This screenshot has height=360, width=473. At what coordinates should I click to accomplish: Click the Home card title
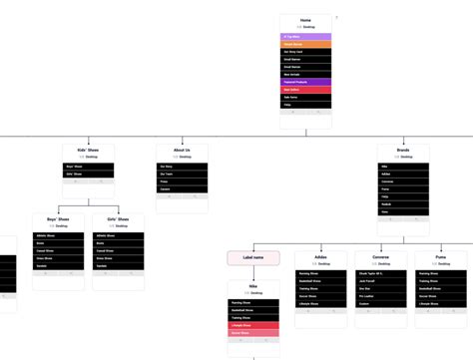(x=305, y=20)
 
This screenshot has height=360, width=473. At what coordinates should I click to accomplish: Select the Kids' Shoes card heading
(x=88, y=150)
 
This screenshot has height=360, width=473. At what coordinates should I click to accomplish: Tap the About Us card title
(x=182, y=150)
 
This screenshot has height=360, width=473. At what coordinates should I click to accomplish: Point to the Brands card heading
(x=403, y=150)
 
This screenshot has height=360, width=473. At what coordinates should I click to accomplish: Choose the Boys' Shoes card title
(x=58, y=219)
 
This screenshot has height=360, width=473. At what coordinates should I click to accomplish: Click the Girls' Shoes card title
(x=118, y=219)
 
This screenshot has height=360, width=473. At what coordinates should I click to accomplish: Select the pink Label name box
(x=252, y=257)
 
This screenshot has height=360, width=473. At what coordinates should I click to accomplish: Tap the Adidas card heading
(x=320, y=256)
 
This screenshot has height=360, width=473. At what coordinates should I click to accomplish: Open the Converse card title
(x=380, y=256)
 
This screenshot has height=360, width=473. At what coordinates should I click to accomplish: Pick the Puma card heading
(x=440, y=256)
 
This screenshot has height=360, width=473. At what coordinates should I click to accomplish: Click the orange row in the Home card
(x=305, y=45)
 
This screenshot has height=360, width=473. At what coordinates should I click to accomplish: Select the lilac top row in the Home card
(x=305, y=37)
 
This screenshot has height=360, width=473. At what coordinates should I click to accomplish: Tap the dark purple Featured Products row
(x=305, y=82)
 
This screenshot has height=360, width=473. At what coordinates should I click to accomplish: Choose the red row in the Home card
(x=305, y=90)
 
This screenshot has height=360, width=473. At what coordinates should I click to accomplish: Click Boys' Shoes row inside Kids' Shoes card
(x=88, y=167)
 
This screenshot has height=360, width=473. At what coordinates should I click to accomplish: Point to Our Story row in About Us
(x=182, y=167)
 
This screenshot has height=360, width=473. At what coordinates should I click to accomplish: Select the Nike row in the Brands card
(x=403, y=167)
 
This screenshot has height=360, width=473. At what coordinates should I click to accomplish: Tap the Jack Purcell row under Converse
(x=380, y=281)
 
